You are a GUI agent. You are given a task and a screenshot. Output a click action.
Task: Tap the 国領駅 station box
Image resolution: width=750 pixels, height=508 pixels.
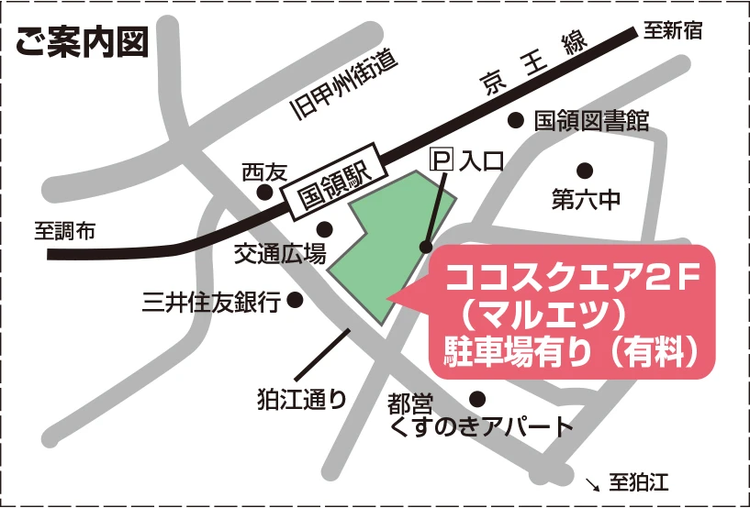coord(331,180)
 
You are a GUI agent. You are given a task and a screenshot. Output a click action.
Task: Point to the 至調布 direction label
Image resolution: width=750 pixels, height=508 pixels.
coord(64,231)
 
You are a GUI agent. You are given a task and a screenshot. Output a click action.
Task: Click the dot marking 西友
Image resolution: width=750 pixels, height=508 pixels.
coord(264,193)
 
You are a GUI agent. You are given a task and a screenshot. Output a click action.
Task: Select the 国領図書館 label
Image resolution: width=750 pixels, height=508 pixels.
coord(591,120)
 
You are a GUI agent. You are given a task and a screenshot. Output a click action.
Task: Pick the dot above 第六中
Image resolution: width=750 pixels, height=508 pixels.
coord(584,170)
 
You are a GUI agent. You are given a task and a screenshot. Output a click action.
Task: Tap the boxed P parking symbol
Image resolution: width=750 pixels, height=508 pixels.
coord(442,160)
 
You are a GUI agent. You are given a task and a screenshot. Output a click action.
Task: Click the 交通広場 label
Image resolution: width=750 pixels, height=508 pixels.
coord(279,254)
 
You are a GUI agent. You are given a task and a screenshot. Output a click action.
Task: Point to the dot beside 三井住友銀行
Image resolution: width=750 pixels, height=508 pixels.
coord(296,299)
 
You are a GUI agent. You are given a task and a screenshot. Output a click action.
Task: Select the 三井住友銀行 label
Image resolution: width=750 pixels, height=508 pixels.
coord(211,301)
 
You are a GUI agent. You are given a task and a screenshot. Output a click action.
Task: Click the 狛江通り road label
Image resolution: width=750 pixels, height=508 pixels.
coord(302,399)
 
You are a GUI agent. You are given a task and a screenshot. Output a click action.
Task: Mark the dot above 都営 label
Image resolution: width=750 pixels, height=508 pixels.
coord(477,399)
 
